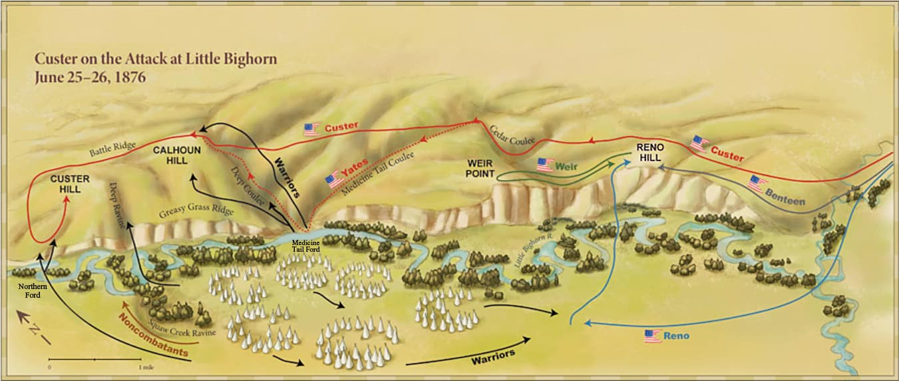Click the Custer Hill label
(x=65, y=184)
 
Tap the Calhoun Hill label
(x=176, y=155)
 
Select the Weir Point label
(x=480, y=169)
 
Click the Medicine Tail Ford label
(x=306, y=247)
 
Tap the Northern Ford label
(x=31, y=290)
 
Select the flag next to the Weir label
(x=545, y=164)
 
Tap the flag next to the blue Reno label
(x=652, y=336)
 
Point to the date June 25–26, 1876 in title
(x=90, y=77)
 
